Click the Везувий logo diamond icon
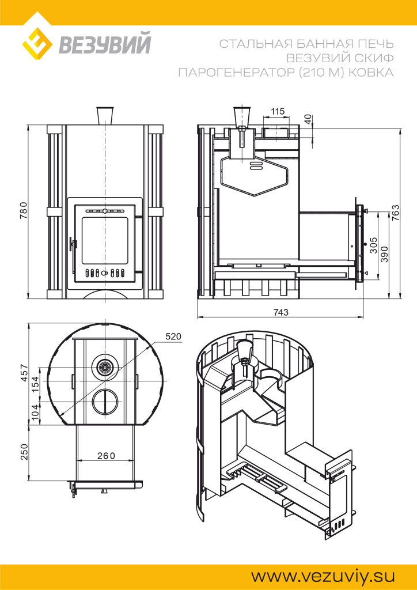click(38, 44)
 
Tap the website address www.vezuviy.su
click(322, 576)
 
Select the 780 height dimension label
click(24, 211)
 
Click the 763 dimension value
click(396, 211)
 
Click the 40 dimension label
click(308, 120)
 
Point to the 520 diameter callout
click(173, 336)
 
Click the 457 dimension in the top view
click(24, 373)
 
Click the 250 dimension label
click(24, 453)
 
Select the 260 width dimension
click(106, 455)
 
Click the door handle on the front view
click(73, 244)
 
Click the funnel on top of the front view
click(105, 115)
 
